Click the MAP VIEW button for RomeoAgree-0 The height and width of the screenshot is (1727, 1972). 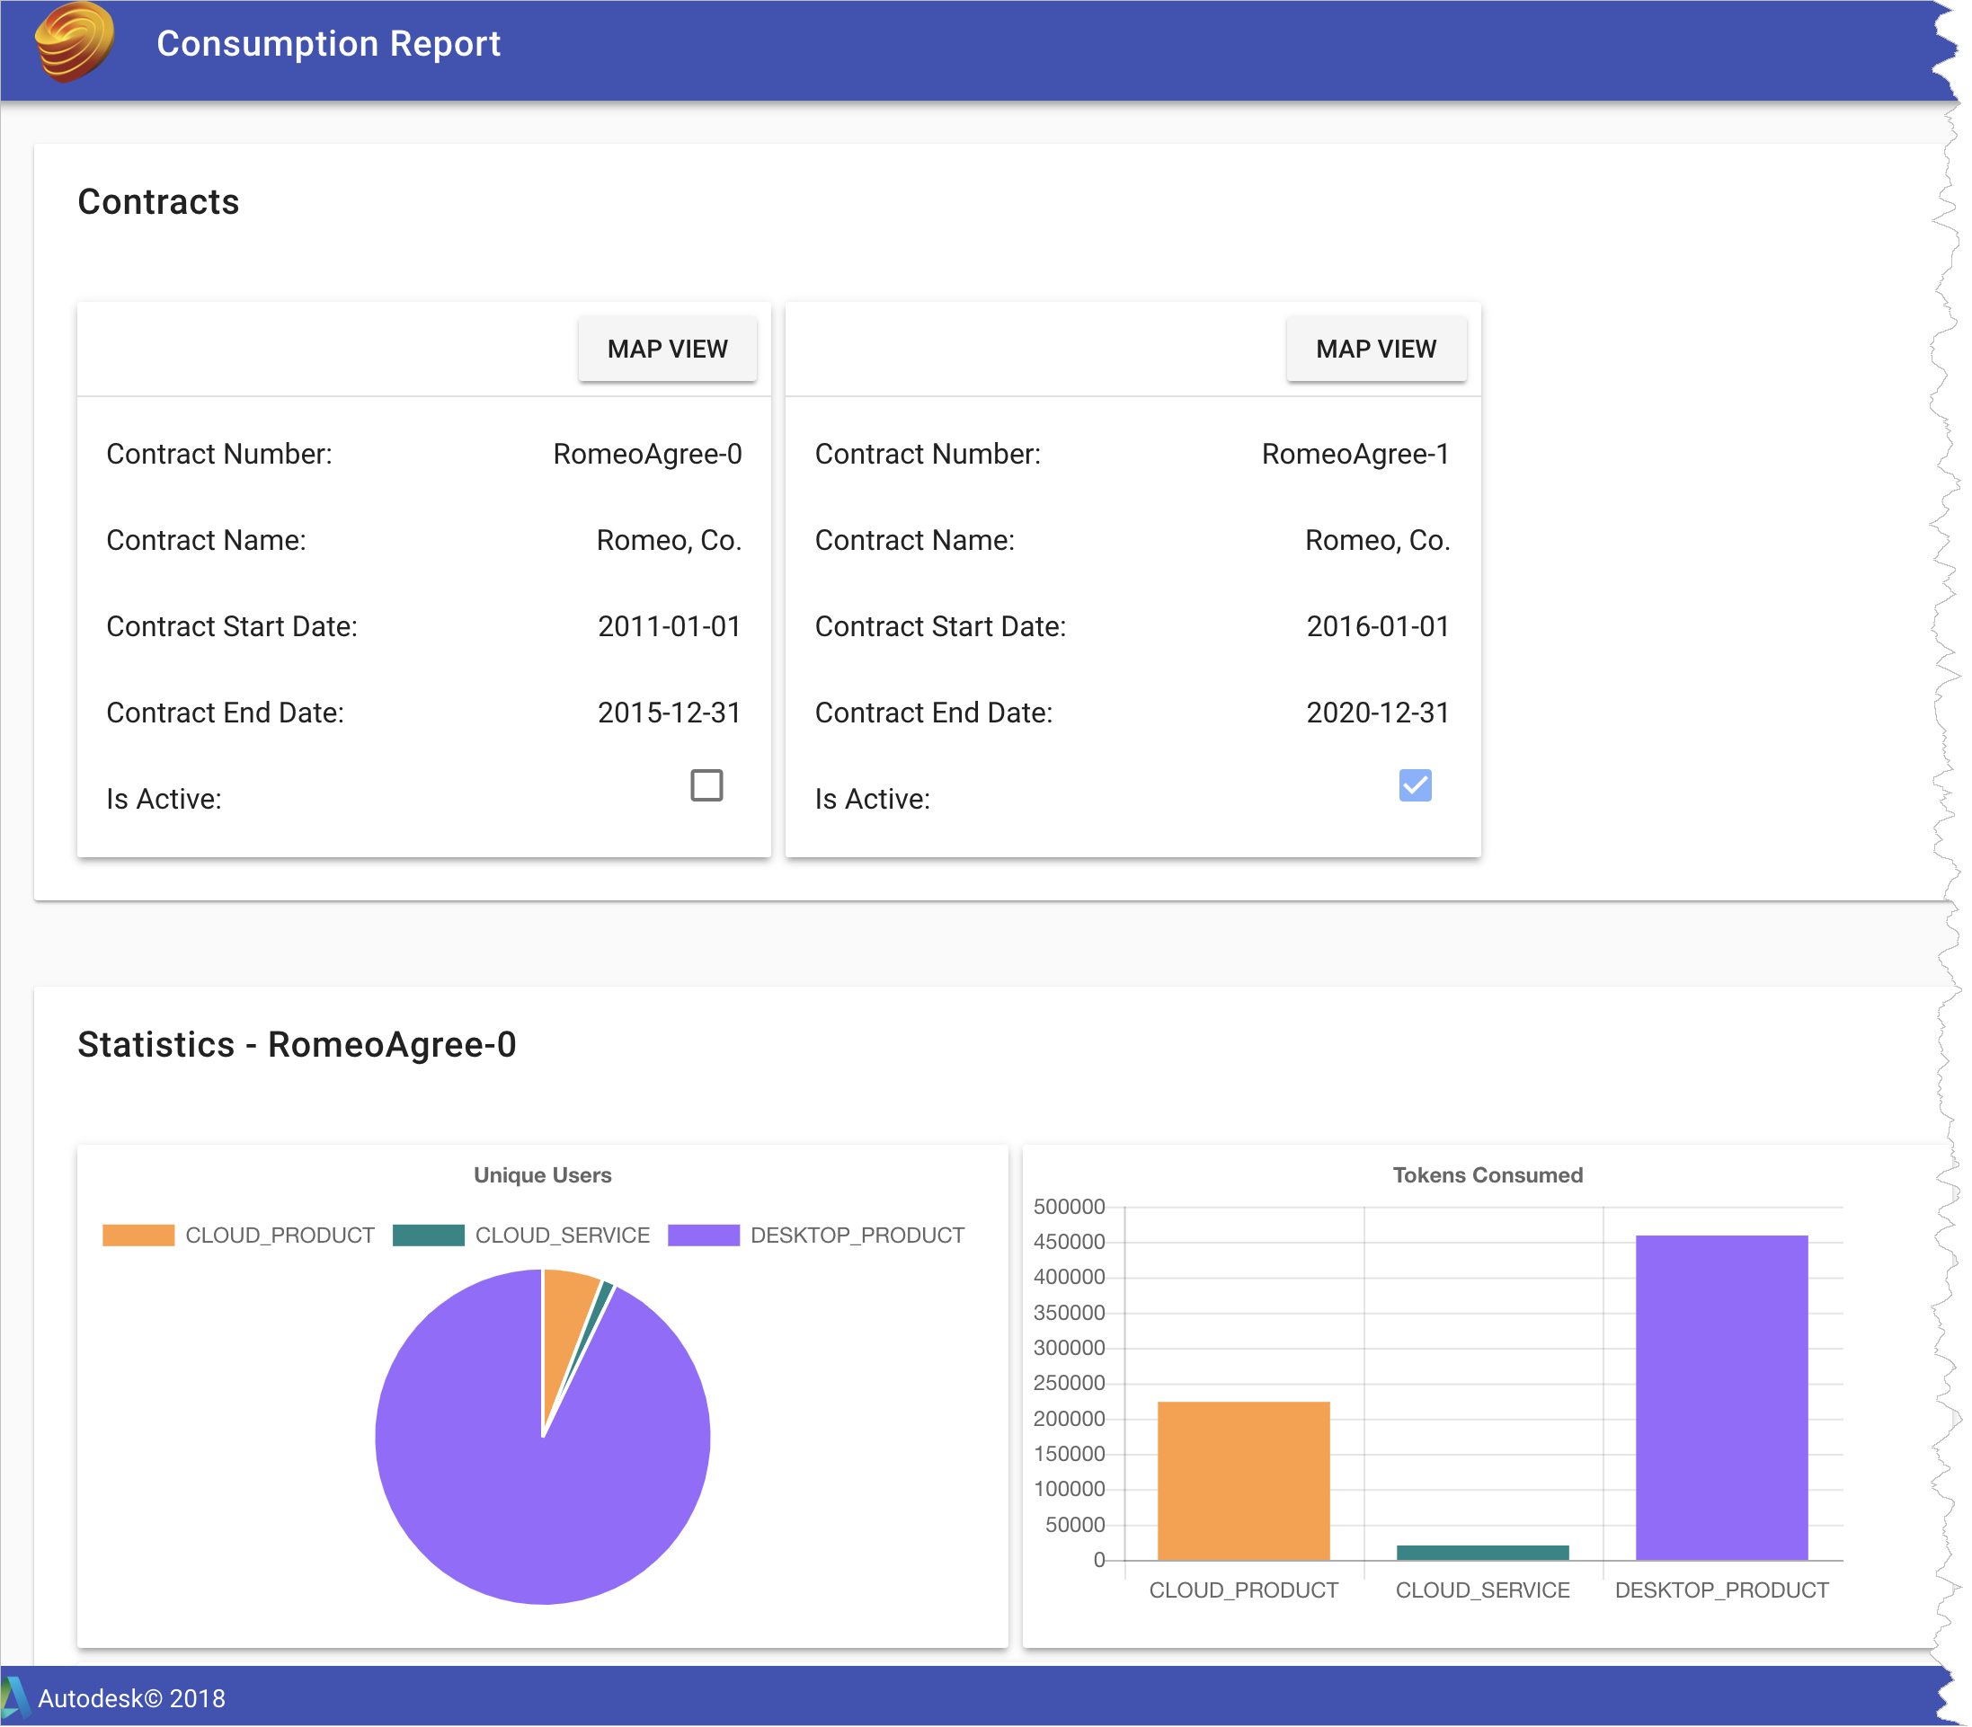tap(667, 349)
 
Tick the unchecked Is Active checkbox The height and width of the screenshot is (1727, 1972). tap(706, 785)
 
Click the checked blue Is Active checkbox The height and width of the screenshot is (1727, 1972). tap(1414, 785)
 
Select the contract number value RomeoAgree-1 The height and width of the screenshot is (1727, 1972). tap(1355, 454)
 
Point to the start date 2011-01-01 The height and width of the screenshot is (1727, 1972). tap(668, 626)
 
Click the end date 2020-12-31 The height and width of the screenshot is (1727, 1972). tap(1376, 713)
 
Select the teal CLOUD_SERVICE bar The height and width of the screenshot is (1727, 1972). tap(1481, 1553)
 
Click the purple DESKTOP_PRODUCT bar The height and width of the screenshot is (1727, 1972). tap(1720, 1397)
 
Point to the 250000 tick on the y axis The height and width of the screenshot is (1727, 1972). tap(1068, 1383)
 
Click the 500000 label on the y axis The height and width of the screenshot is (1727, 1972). tap(1068, 1207)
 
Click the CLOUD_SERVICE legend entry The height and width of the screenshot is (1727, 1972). tap(521, 1235)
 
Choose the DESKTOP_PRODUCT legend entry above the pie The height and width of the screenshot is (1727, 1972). tap(815, 1235)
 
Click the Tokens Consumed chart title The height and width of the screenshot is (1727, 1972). tap(1487, 1174)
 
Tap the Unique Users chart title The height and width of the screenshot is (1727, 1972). tap(542, 1174)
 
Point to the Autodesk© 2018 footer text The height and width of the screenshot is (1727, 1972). tap(131, 1698)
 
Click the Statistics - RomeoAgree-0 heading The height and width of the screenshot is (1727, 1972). tap(296, 1045)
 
